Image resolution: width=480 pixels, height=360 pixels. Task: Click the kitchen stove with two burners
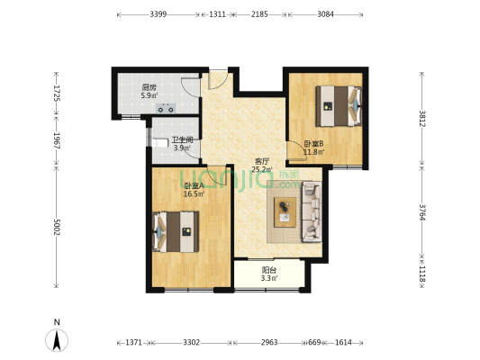[166, 108]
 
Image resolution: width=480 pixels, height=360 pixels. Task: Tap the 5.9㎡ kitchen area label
[149, 95]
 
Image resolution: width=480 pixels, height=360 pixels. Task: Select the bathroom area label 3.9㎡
[182, 148]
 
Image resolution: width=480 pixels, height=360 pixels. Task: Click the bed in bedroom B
[339, 106]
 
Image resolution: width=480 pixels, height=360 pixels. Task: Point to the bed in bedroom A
[176, 232]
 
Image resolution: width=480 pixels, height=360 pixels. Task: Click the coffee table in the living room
[285, 212]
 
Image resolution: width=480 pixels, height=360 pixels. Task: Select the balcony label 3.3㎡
[269, 278]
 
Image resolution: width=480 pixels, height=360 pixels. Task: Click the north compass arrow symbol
[57, 341]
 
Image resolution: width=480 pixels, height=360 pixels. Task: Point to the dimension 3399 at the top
[158, 14]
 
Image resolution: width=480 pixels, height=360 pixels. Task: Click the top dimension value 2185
[259, 14]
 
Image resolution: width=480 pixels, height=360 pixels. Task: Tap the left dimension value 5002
[57, 228]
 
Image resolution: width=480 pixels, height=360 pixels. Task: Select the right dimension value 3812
[422, 119]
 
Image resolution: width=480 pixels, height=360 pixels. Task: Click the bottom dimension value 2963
[269, 342]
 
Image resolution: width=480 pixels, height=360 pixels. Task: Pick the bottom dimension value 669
[314, 342]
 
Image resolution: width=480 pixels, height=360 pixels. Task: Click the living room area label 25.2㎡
[262, 169]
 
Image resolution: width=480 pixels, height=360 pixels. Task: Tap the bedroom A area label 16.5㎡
[194, 193]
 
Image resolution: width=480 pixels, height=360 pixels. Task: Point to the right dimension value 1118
[422, 274]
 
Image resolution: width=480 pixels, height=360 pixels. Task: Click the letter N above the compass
[57, 322]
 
